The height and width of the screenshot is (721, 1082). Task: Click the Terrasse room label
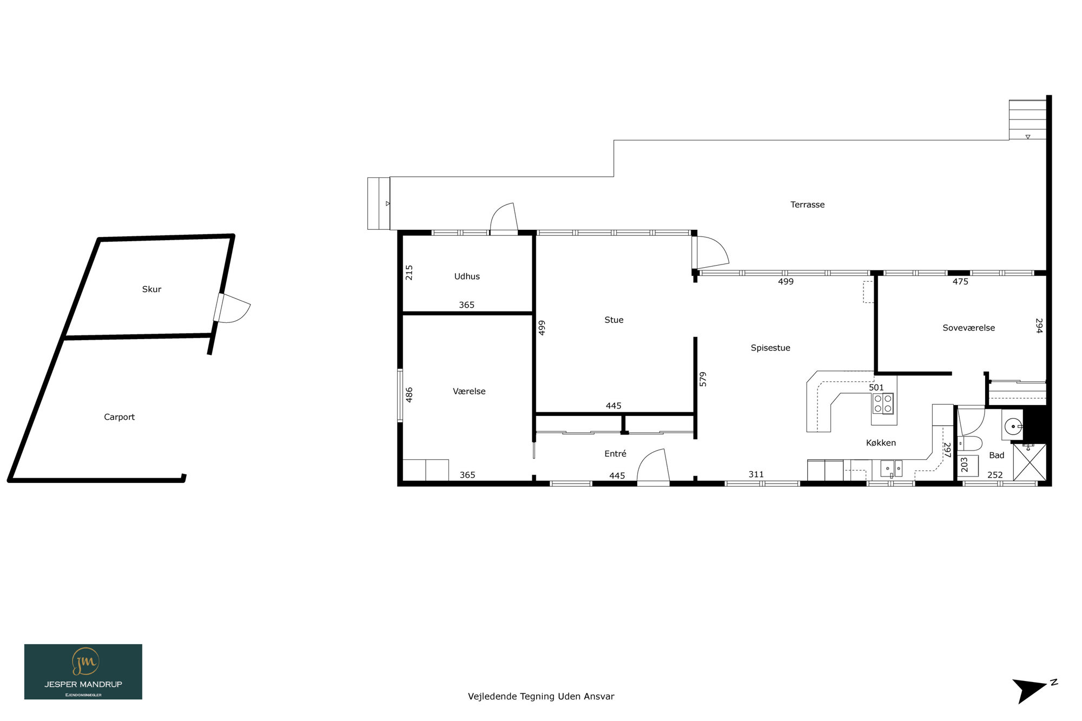(807, 204)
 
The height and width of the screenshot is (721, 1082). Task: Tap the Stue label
(613, 320)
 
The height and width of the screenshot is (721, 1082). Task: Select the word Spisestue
(770, 348)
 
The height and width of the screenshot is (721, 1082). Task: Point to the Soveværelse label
(968, 328)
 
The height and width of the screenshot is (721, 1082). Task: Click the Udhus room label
(467, 276)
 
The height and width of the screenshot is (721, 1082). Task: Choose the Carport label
(119, 417)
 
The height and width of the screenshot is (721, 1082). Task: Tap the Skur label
(151, 289)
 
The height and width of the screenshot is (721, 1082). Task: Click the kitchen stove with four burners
(883, 404)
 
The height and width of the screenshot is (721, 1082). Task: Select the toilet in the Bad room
(970, 444)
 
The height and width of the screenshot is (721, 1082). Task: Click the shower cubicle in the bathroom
(1030, 462)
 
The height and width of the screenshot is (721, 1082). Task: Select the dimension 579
(703, 379)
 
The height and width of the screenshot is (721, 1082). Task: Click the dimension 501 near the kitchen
(876, 387)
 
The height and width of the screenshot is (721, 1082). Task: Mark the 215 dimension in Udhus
(409, 272)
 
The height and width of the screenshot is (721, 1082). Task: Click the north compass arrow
(1031, 691)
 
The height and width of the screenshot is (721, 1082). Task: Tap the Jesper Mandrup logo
(83, 672)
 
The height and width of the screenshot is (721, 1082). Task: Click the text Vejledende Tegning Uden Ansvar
(541, 697)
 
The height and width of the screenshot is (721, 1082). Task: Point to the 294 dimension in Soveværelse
(1039, 326)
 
